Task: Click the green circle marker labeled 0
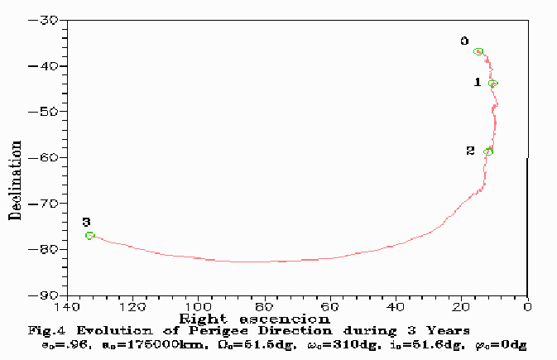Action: point(478,51)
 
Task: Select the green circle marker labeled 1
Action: point(492,84)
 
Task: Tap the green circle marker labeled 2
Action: point(488,151)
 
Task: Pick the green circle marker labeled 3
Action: point(90,236)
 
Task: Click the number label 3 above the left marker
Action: point(86,222)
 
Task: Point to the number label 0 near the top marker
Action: point(464,41)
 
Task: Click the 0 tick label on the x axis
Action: point(527,307)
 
